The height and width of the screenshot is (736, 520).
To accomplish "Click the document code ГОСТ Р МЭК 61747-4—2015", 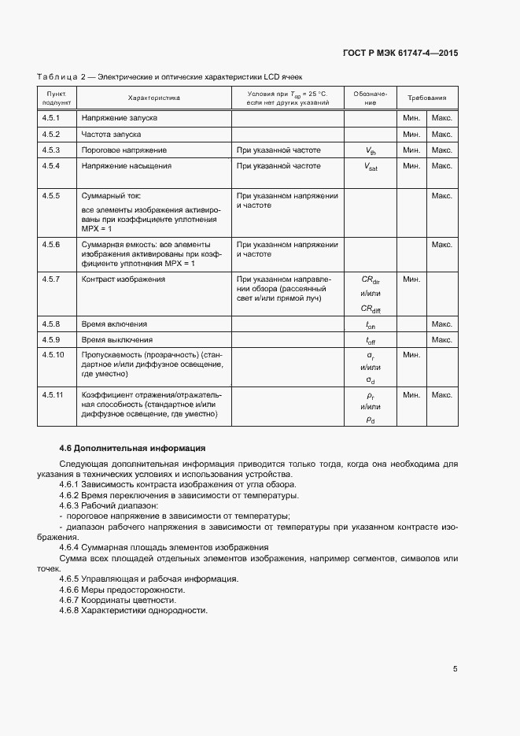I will pyautogui.click(x=400, y=54).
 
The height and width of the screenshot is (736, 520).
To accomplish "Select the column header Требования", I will pyautogui.click(x=426, y=98).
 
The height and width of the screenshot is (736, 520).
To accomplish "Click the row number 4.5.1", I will pyautogui.click(x=52, y=118).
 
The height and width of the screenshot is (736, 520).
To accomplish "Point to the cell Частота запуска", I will pyautogui.click(x=111, y=135).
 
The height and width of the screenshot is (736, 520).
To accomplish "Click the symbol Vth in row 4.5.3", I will pyautogui.click(x=371, y=150).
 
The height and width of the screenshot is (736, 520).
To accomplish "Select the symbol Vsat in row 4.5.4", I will pyautogui.click(x=371, y=167).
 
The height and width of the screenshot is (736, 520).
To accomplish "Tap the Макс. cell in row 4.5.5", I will pyautogui.click(x=441, y=195).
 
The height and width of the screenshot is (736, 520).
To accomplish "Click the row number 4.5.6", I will pyautogui.click(x=52, y=245).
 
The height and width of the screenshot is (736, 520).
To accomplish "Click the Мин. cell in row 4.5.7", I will pyautogui.click(x=411, y=279).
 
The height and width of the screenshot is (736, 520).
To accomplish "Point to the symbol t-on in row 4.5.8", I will pyautogui.click(x=371, y=324).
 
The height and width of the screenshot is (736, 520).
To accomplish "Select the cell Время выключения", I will pyautogui.click(x=117, y=340).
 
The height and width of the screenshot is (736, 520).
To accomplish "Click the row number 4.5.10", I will pyautogui.click(x=53, y=356).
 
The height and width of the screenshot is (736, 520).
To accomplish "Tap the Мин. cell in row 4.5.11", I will pyautogui.click(x=411, y=394).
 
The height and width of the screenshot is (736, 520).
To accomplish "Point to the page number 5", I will pyautogui.click(x=455, y=669).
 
